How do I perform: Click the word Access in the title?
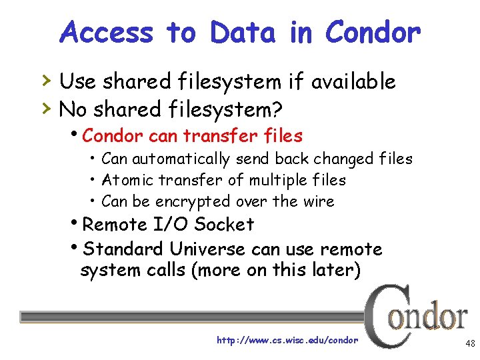coord(105,31)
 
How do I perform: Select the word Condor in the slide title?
coord(373,31)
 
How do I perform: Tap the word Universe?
coord(208,249)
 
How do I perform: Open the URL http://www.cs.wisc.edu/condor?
coord(287,341)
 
